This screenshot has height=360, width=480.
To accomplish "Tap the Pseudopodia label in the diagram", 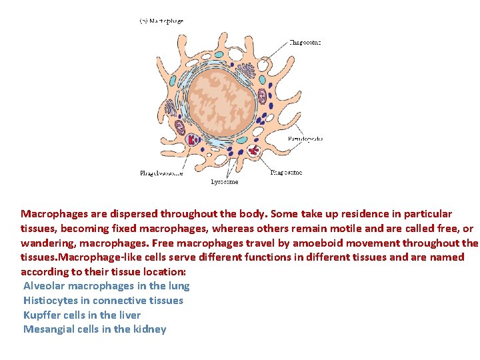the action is pyautogui.click(x=305, y=139).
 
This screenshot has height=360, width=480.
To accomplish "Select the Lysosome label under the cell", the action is pyautogui.click(x=224, y=181).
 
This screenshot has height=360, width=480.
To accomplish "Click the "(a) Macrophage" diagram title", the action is pyautogui.click(x=161, y=21).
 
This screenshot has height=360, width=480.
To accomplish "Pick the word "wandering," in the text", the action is pyautogui.click(x=45, y=243).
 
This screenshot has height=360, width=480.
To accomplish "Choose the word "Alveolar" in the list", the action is pyautogui.click(x=44, y=286).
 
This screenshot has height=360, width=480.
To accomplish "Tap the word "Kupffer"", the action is pyautogui.click(x=42, y=315).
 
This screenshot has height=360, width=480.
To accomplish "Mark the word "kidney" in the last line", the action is pyautogui.click(x=150, y=329).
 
